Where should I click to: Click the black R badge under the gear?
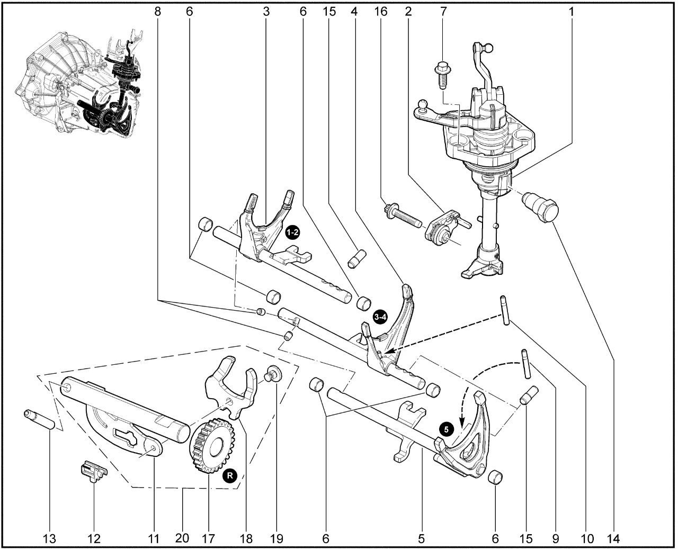(229, 475)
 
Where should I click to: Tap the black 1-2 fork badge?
(292, 232)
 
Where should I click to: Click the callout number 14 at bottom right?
(613, 539)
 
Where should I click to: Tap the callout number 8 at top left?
(157, 11)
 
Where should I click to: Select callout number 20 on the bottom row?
(182, 539)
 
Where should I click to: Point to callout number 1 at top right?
(572, 11)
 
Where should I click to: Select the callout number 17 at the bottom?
(208, 539)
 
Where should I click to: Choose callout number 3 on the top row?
(266, 11)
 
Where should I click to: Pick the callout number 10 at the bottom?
(586, 539)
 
